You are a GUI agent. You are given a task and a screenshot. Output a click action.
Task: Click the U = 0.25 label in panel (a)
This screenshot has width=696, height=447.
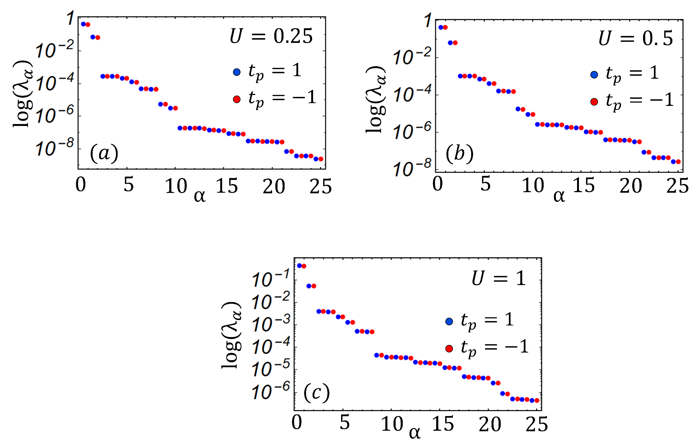pyautogui.click(x=271, y=37)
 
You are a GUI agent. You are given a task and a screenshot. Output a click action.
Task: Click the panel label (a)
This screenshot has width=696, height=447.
pyautogui.click(x=104, y=153)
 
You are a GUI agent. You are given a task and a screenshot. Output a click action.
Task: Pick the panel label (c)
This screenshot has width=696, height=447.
pyautogui.click(x=316, y=393)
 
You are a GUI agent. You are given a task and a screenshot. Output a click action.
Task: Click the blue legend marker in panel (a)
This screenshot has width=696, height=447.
pyautogui.click(x=237, y=72)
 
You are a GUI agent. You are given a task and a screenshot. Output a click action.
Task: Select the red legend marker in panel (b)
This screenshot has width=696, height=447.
pyautogui.click(x=594, y=102)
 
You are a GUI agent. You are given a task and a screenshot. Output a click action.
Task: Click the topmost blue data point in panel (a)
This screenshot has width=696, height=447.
pyautogui.click(x=83, y=24)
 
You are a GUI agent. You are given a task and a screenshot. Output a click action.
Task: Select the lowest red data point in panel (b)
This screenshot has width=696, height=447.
pyautogui.click(x=678, y=162)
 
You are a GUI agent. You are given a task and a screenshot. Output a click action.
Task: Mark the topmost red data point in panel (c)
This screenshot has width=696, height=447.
pyautogui.click(x=304, y=266)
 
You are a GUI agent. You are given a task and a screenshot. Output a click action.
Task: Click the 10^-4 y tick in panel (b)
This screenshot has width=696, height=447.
pyautogui.click(x=412, y=95)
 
